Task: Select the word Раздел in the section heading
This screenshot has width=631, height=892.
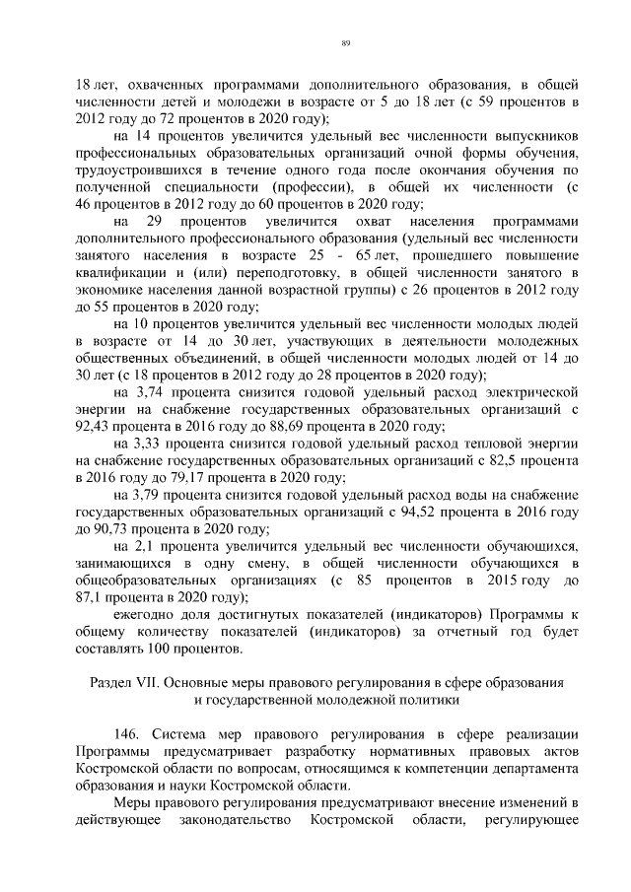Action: click(x=110, y=682)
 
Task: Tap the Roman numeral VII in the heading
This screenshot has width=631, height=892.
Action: click(x=147, y=682)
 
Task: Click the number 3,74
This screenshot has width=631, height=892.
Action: click(x=151, y=392)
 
